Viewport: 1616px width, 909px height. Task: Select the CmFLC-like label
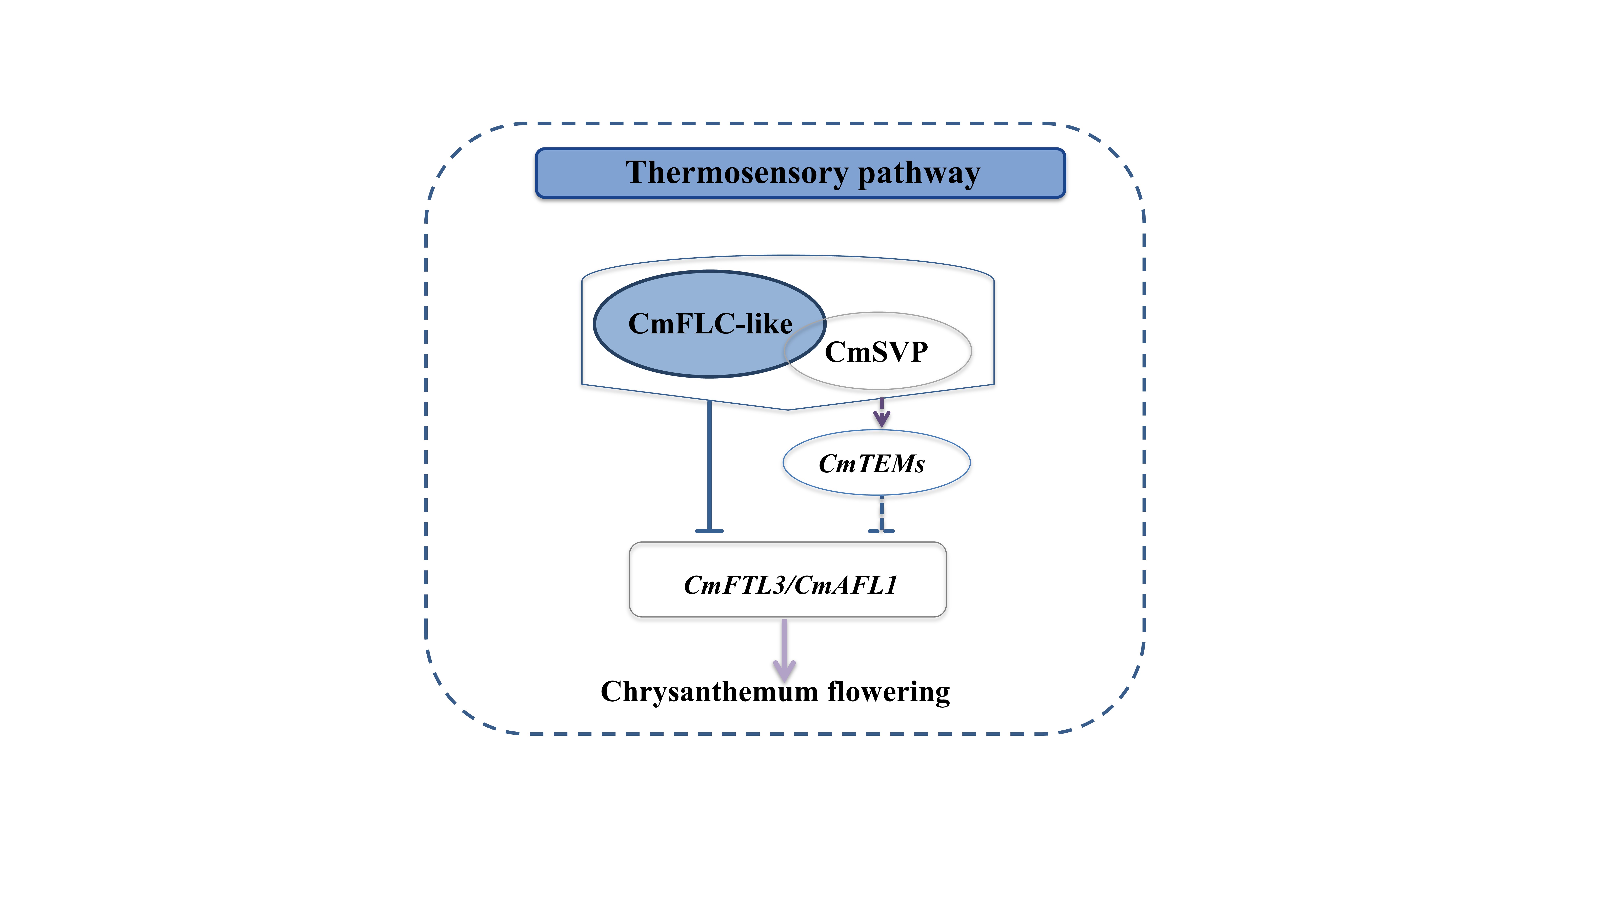point(710,324)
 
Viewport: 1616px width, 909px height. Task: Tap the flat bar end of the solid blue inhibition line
point(709,531)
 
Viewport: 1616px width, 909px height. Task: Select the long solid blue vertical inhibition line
point(709,464)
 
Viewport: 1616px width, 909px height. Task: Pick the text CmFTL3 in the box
point(734,585)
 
